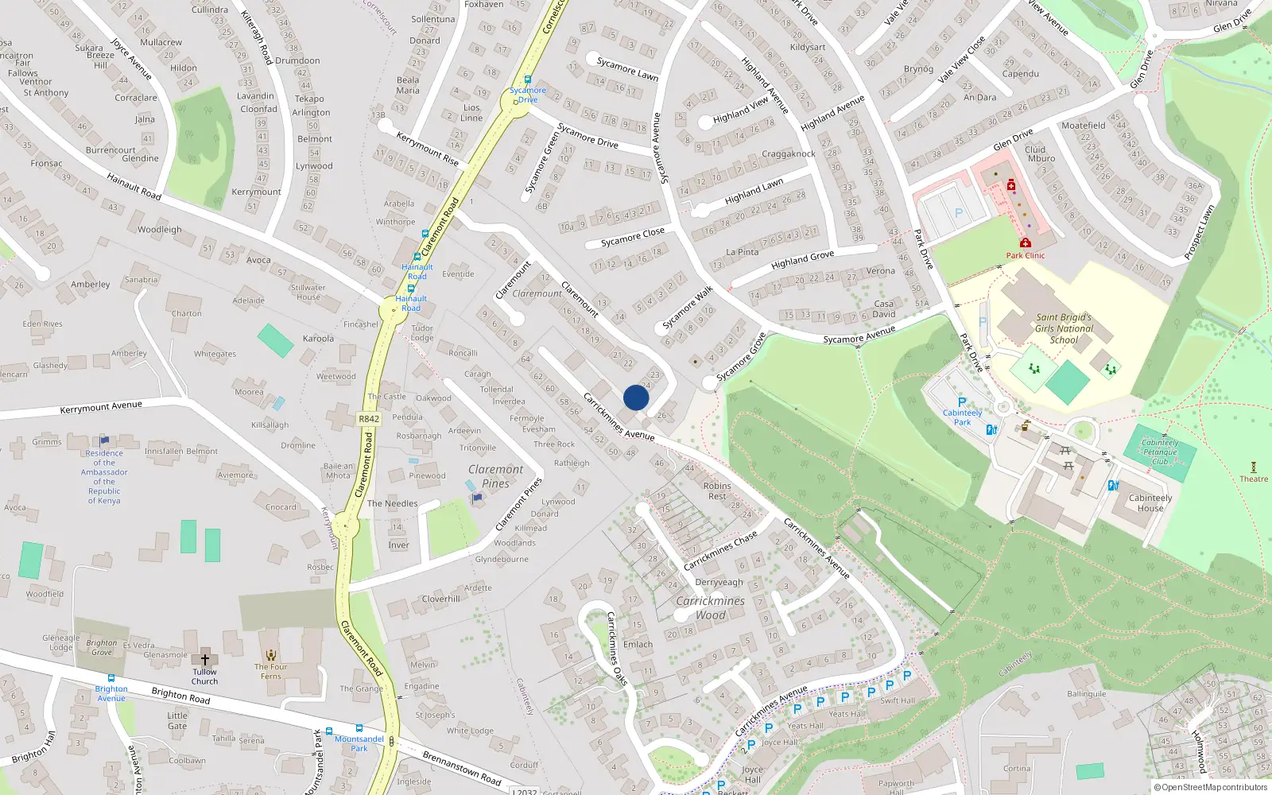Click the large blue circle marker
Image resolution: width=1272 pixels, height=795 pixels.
click(x=636, y=397)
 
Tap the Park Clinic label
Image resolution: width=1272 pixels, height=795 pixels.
click(x=1026, y=255)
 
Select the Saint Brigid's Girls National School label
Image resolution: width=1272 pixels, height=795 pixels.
click(x=1064, y=328)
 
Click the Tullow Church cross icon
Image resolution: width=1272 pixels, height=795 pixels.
click(x=204, y=659)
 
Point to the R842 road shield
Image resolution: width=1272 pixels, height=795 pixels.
click(x=369, y=419)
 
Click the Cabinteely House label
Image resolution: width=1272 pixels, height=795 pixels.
click(x=1150, y=503)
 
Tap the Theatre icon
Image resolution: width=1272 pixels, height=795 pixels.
click(x=1254, y=467)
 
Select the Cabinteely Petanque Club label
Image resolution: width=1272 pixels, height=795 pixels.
click(x=1160, y=452)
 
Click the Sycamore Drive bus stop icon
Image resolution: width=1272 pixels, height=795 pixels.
click(x=527, y=79)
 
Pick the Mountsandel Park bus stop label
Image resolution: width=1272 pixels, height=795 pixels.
click(x=359, y=743)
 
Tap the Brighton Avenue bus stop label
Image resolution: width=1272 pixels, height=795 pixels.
click(x=111, y=693)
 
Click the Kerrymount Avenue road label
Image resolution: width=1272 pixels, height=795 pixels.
click(x=101, y=408)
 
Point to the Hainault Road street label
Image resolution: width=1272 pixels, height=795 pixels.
click(x=134, y=187)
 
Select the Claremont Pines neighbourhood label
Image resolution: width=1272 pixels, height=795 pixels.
click(x=495, y=476)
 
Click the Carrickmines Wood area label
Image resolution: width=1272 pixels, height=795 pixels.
click(x=710, y=608)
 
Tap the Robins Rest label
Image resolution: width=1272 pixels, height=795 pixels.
click(x=717, y=491)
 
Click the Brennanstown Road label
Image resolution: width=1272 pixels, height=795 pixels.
click(x=461, y=767)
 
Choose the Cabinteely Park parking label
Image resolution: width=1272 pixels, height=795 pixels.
click(x=962, y=417)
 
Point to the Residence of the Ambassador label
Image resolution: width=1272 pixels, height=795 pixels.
click(x=104, y=477)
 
